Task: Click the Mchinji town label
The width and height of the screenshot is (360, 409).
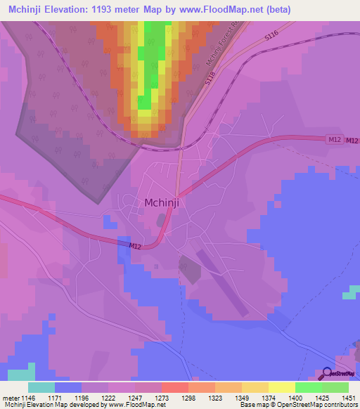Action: (x=165, y=202)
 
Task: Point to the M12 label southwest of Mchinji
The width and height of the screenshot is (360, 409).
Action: (x=136, y=245)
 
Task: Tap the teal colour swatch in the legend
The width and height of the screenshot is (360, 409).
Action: (x=41, y=387)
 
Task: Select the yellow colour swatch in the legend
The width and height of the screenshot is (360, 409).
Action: (x=281, y=387)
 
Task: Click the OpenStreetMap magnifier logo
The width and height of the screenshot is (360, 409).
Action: (x=327, y=374)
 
